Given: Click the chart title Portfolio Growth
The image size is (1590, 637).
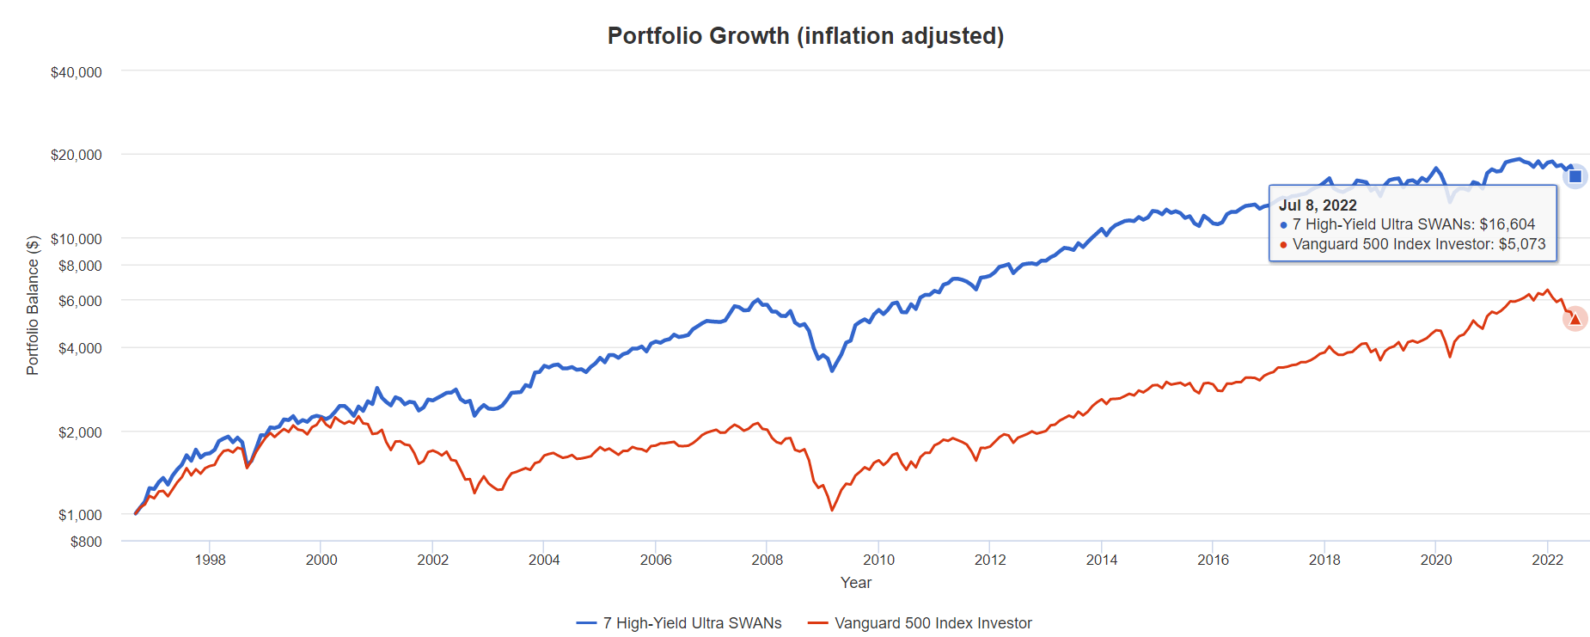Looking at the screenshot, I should (x=805, y=36).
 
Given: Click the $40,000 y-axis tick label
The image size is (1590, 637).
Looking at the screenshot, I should (x=76, y=72).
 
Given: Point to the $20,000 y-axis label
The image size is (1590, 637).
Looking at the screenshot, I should (x=76, y=155).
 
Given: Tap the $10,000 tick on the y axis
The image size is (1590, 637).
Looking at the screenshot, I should (x=76, y=238).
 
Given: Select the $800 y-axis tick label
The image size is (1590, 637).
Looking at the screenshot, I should (x=86, y=542).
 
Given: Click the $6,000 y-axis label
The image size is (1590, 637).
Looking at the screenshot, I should (x=80, y=301).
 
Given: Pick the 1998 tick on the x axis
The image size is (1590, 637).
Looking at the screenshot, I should (x=210, y=560).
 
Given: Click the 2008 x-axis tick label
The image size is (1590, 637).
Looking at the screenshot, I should (x=767, y=560).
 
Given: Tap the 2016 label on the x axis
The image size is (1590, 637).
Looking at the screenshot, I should (x=1213, y=560).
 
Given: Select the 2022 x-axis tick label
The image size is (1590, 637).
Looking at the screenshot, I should (x=1547, y=560).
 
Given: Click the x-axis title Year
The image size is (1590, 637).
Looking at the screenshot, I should (x=856, y=583).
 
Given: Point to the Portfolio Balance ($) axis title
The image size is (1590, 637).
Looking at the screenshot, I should (x=33, y=305).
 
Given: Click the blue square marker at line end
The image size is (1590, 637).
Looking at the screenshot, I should (x=1575, y=176).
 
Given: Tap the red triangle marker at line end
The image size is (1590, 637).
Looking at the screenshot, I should (x=1575, y=319).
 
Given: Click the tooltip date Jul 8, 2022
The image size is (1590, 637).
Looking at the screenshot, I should (x=1318, y=205).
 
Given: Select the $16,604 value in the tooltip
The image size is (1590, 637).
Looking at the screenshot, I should (x=1507, y=224).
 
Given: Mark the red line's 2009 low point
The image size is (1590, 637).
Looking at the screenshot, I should (x=832, y=510).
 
